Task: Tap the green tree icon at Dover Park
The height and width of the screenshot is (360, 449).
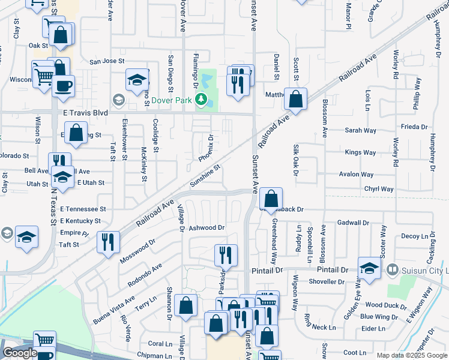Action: [202, 100]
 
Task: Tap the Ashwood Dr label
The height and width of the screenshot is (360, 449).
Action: [206, 228]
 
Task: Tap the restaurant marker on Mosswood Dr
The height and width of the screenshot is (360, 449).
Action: [108, 242]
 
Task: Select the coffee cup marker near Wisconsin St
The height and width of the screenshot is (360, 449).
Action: [63, 85]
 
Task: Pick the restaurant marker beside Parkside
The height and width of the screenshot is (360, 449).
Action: [226, 254]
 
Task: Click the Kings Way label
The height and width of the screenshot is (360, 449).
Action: [360, 152]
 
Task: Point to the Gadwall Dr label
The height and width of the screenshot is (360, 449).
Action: [354, 223]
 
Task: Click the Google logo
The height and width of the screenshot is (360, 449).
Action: [19, 353]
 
